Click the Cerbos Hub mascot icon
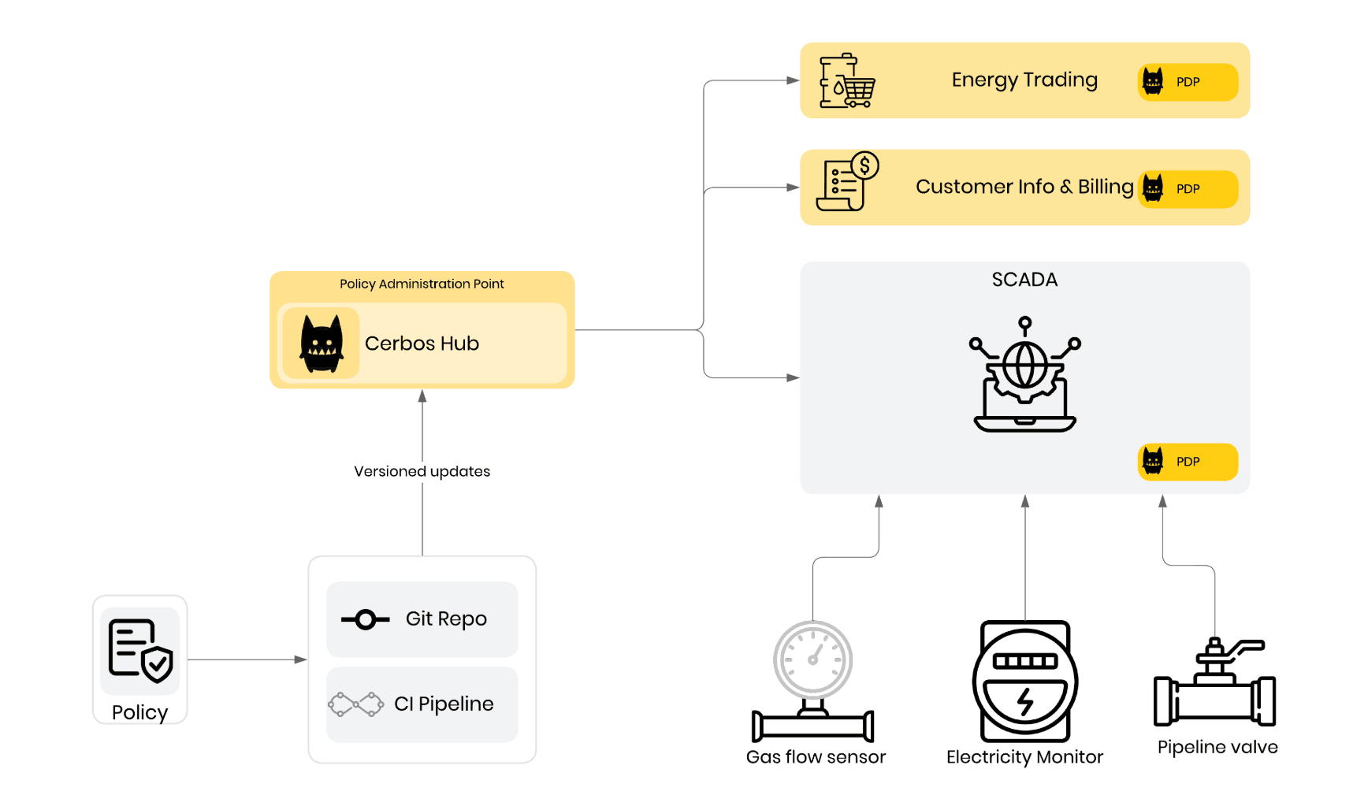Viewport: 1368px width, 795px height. pyautogui.click(x=322, y=344)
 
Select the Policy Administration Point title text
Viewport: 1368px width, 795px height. pyautogui.click(x=422, y=284)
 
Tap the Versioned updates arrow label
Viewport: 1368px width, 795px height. pyautogui.click(x=422, y=471)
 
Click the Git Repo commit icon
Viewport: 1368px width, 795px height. pyautogui.click(x=365, y=620)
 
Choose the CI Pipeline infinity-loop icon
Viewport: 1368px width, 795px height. pyautogui.click(x=355, y=704)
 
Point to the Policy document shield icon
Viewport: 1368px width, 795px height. pyautogui.click(x=140, y=650)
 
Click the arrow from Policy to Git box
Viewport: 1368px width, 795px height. pyautogui.click(x=246, y=659)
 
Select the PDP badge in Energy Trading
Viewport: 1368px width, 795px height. pyautogui.click(x=1188, y=82)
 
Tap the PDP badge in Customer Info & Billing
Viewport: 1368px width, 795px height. pyautogui.click(x=1188, y=189)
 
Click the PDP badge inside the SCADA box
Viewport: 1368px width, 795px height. pyautogui.click(x=1188, y=462)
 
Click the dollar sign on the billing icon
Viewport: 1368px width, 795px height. pyautogui.click(x=864, y=165)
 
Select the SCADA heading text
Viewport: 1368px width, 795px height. pyautogui.click(x=1024, y=280)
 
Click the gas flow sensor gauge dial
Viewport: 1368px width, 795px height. pyautogui.click(x=813, y=659)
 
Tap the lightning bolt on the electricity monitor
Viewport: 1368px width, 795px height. pyautogui.click(x=1025, y=700)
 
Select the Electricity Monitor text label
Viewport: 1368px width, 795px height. pyautogui.click(x=1024, y=757)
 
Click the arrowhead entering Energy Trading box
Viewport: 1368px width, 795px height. pyautogui.click(x=793, y=80)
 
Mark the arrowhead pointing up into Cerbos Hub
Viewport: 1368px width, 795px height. pyautogui.click(x=422, y=396)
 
